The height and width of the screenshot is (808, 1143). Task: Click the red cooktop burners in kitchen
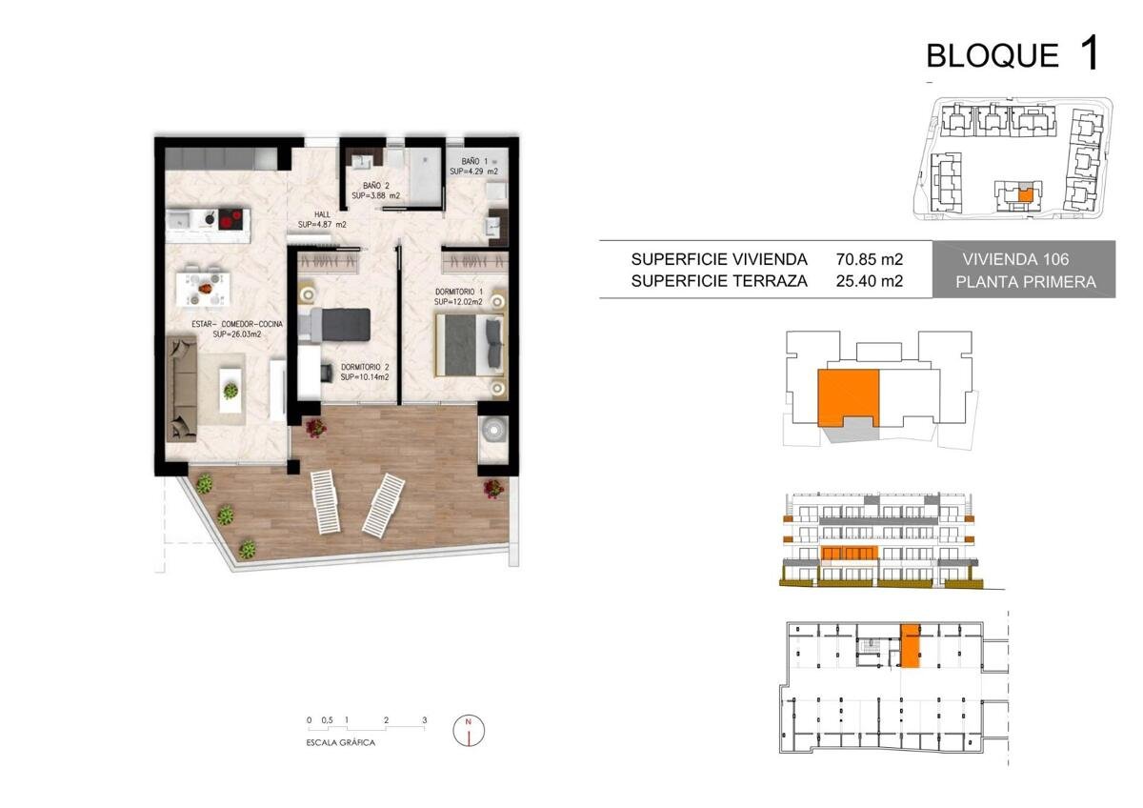click(x=231, y=219)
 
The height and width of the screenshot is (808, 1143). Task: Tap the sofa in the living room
click(x=182, y=389)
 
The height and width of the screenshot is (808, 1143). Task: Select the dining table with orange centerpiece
click(x=203, y=290)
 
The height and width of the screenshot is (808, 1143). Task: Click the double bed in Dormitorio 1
click(x=470, y=346)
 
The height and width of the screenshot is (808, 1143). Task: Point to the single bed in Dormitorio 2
click(x=334, y=325)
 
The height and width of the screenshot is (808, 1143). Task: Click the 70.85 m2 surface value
click(x=869, y=259)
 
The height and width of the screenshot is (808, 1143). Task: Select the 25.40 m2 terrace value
click(x=869, y=281)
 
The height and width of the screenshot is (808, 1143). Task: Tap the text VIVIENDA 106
click(x=1015, y=259)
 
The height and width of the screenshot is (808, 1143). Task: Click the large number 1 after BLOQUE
click(x=1089, y=53)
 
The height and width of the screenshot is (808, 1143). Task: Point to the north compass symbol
click(x=469, y=730)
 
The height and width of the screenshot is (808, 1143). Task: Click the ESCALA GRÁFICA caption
click(x=340, y=742)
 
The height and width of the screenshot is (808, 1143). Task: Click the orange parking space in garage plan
click(x=910, y=645)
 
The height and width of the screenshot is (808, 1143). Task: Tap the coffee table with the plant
click(x=231, y=391)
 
